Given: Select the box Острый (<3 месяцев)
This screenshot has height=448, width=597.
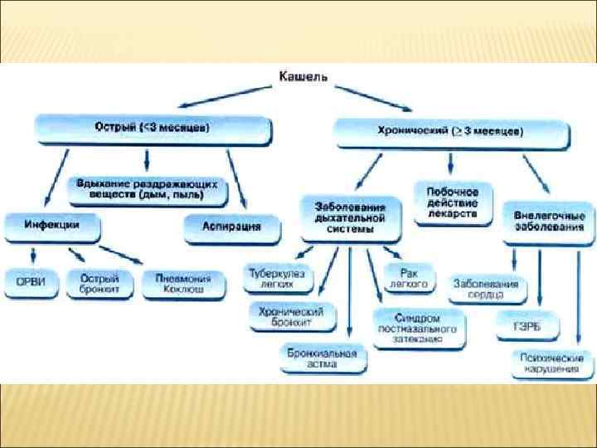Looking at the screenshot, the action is click(x=153, y=129).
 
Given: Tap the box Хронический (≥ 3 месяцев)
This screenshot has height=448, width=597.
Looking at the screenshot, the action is click(x=452, y=131).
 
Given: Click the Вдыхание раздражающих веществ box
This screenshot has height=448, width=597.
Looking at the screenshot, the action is click(x=147, y=190).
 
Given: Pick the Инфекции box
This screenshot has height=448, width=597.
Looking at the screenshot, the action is click(x=52, y=225).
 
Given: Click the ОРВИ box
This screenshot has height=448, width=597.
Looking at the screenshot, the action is click(x=31, y=281).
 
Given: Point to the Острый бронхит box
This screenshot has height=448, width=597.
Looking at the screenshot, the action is click(x=99, y=282).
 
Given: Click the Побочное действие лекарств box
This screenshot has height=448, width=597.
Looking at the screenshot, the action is click(x=453, y=202).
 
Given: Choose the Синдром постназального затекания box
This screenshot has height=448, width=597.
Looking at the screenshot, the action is click(x=419, y=328).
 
